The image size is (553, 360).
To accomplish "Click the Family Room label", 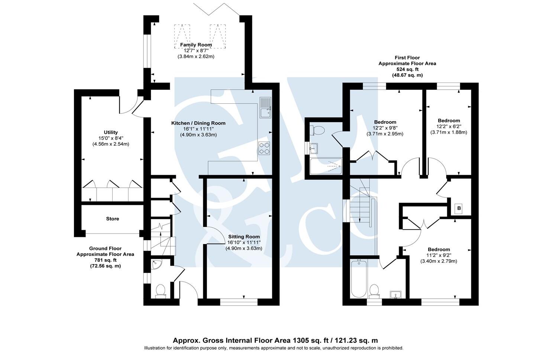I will point(196,45).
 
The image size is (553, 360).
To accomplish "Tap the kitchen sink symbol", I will point(266,108).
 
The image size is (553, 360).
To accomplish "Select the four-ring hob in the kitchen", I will point(265,148).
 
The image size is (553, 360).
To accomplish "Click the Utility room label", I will point(111,132).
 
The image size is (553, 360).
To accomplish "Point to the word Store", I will point(113,219).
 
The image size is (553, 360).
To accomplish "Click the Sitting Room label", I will point(244,237).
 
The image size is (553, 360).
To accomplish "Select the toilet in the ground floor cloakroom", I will point(161,290).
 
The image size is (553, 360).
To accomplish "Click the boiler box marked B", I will point(459,208).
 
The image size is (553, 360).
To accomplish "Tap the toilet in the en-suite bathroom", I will point(318,130).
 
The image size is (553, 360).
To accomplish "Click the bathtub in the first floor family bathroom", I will point(359,278).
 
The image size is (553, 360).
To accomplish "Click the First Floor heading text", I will point(407,58).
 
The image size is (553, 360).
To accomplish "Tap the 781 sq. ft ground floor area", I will point(105,260).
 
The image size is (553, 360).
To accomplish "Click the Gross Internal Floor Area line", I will point(275,340).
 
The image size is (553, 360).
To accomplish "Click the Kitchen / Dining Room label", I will point(198,123).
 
